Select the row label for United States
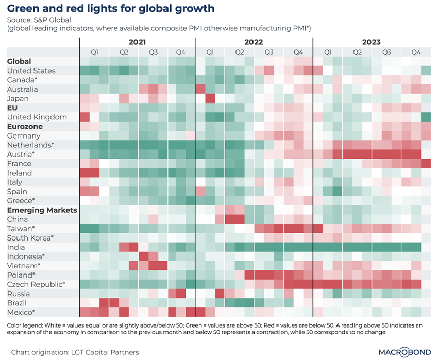31,71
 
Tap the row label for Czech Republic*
36,284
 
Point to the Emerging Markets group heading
42,210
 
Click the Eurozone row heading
25,126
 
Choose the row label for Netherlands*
31,145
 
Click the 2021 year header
138,42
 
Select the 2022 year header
255,42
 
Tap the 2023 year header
372,42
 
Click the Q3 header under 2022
269,52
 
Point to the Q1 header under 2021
94,52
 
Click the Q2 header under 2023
357,52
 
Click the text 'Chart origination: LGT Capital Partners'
75,351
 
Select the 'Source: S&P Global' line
40,20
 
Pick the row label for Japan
18,98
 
